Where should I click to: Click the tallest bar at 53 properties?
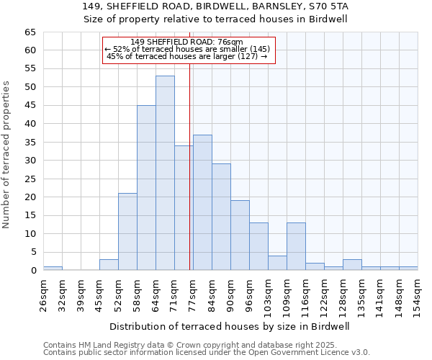coord(165,173)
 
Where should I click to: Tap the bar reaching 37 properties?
coord(202,202)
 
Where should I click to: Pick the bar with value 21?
coord(127,231)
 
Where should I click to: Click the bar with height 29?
coord(221,217)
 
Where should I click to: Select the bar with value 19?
coord(240,235)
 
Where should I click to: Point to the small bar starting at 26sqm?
coord(53,268)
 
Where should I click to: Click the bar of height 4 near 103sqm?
coord(277,263)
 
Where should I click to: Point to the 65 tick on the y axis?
coord(30,32)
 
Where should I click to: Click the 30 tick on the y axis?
coord(30,161)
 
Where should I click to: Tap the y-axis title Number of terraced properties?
coord(7,154)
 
